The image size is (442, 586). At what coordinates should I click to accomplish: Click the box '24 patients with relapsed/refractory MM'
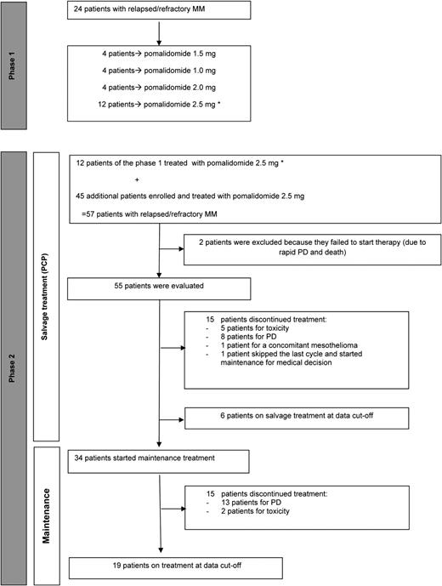(158, 10)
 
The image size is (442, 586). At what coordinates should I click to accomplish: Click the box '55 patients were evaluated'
(158, 267)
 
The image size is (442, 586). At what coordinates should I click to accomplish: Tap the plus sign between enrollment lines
(137, 180)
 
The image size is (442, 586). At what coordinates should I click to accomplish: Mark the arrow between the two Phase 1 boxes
(159, 31)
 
